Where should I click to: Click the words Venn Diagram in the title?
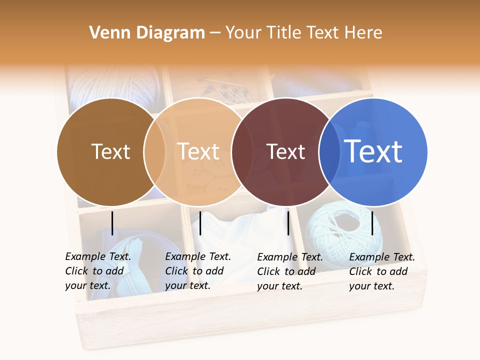click(147, 33)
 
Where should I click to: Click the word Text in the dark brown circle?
click(110, 151)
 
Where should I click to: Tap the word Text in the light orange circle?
click(198, 151)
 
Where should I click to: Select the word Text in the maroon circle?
click(285, 151)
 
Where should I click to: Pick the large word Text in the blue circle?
click(373, 151)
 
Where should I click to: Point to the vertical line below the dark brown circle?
click(112, 223)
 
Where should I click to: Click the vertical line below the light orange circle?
click(200, 223)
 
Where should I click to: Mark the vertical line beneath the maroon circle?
click(288, 223)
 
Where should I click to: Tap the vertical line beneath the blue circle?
click(372, 223)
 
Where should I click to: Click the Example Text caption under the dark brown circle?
click(98, 271)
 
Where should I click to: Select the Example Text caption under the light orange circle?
click(198, 271)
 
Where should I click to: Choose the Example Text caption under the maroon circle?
click(290, 271)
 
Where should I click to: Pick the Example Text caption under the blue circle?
click(382, 271)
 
